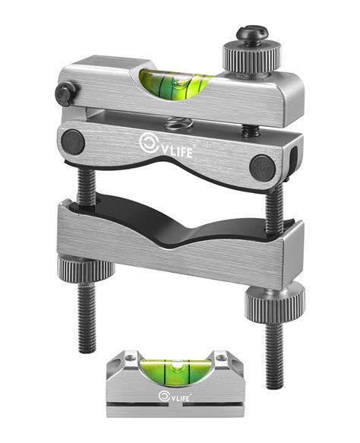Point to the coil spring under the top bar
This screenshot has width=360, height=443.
click(x=174, y=122)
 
